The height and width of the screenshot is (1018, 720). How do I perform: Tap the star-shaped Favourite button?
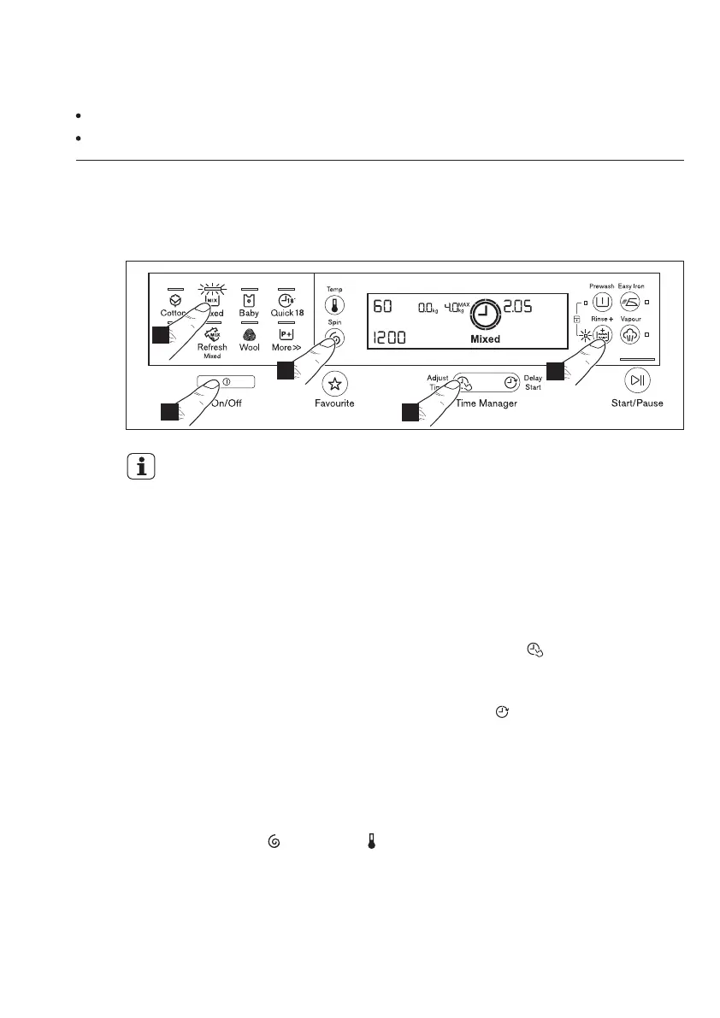pyautogui.click(x=333, y=382)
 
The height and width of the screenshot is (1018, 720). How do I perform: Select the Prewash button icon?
pyautogui.click(x=601, y=301)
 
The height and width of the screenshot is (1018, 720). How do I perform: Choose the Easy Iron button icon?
pyautogui.click(x=630, y=301)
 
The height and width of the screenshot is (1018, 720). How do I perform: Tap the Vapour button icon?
pyautogui.click(x=630, y=333)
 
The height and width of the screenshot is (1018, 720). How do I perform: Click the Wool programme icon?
pyautogui.click(x=250, y=335)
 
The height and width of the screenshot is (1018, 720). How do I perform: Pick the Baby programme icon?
pyautogui.click(x=249, y=301)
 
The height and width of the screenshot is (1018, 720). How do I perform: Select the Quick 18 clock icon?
pyautogui.click(x=286, y=301)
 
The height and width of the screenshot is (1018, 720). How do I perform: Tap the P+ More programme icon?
pyautogui.click(x=286, y=335)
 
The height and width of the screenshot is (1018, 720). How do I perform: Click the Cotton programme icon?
pyautogui.click(x=174, y=301)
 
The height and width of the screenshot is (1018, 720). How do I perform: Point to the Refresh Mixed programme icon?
pyautogui.click(x=212, y=334)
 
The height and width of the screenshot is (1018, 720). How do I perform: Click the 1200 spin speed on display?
pyautogui.click(x=387, y=338)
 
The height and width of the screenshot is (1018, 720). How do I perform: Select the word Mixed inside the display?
pyautogui.click(x=485, y=339)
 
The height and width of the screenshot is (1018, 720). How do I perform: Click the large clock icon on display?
pyautogui.click(x=485, y=313)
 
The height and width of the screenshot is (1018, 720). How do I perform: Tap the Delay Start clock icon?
pyautogui.click(x=510, y=382)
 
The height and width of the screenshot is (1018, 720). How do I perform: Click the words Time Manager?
pyautogui.click(x=486, y=403)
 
